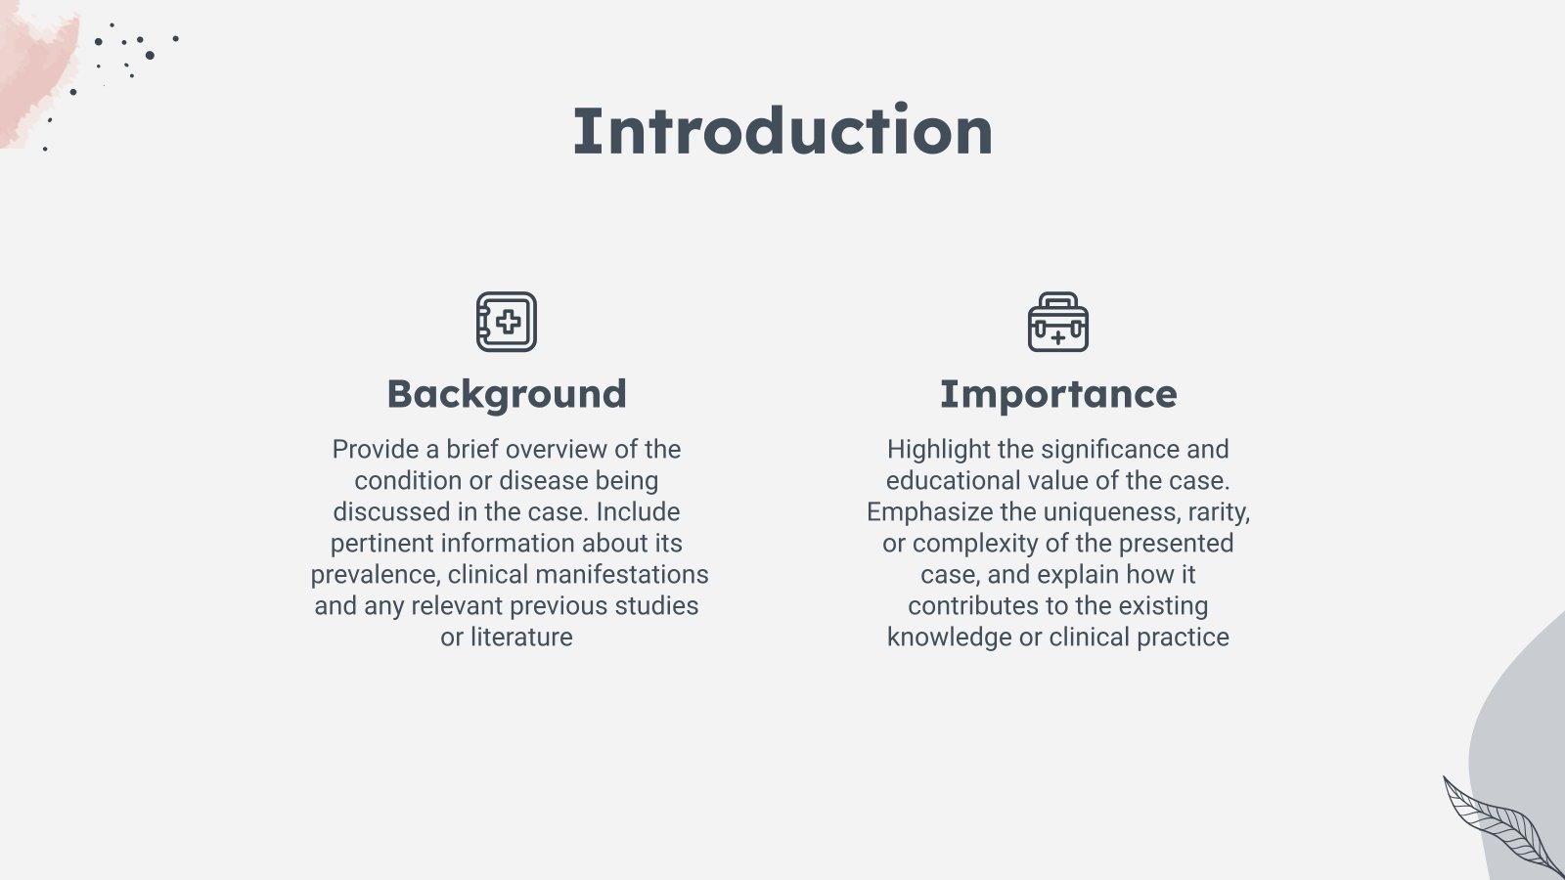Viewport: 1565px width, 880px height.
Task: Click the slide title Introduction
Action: (x=782, y=131)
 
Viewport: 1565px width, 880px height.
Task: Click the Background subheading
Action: (x=507, y=395)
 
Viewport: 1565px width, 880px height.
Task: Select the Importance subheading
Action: (x=1058, y=394)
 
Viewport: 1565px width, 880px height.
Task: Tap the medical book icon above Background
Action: (x=507, y=322)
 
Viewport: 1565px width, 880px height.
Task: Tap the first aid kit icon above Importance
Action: (x=1058, y=322)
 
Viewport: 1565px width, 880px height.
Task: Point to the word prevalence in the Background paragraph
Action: (x=376, y=575)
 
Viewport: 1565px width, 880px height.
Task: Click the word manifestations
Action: (x=622, y=575)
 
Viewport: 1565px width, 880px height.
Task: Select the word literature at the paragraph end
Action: (x=521, y=637)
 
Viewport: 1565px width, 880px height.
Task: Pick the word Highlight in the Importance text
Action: (x=939, y=449)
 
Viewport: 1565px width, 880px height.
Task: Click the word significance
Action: (x=1110, y=449)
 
